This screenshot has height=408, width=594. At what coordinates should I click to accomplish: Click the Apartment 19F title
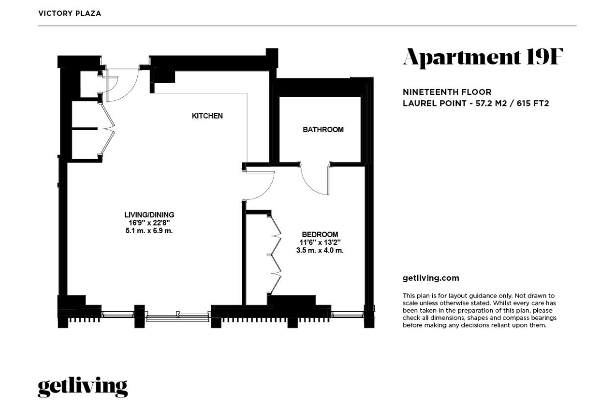(482, 57)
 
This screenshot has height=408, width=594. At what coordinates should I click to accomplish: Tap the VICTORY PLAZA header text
(69, 14)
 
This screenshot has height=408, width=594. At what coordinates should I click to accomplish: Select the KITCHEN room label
(207, 116)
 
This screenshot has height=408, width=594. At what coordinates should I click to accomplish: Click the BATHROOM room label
(323, 130)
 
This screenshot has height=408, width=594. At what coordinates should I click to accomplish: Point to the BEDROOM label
(319, 234)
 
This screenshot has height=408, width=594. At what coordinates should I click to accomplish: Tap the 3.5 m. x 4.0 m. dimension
(319, 250)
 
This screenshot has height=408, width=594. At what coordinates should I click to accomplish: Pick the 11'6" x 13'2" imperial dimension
(319, 242)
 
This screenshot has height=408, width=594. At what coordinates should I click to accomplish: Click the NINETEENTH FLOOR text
(447, 92)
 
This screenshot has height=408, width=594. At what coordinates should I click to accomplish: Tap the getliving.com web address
(430, 278)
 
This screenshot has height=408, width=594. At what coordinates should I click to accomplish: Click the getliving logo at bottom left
(83, 387)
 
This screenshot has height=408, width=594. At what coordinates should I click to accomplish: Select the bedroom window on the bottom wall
(347, 315)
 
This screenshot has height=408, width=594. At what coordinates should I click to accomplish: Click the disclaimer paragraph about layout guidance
(479, 310)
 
